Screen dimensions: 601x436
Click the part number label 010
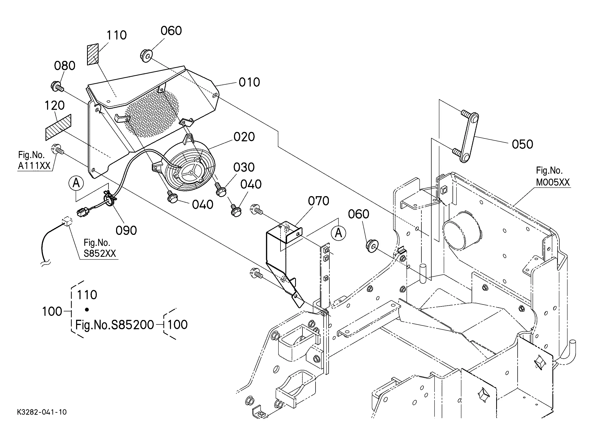point(249,82)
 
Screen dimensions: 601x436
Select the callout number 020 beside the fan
point(244,137)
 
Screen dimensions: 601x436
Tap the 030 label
point(244,167)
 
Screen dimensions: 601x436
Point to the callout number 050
point(522,144)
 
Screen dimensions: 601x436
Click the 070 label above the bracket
point(318,201)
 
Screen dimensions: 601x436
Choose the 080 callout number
point(65,66)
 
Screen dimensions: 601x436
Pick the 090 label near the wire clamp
point(126,231)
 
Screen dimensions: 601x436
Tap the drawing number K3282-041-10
point(42,412)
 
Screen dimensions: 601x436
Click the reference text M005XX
point(553,182)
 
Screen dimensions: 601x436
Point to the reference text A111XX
point(34,166)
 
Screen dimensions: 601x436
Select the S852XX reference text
point(100,253)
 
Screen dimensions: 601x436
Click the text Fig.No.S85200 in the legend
point(115,325)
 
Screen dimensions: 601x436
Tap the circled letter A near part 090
point(76,183)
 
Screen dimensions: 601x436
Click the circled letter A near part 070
point(338,233)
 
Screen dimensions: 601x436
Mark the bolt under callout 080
point(57,87)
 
